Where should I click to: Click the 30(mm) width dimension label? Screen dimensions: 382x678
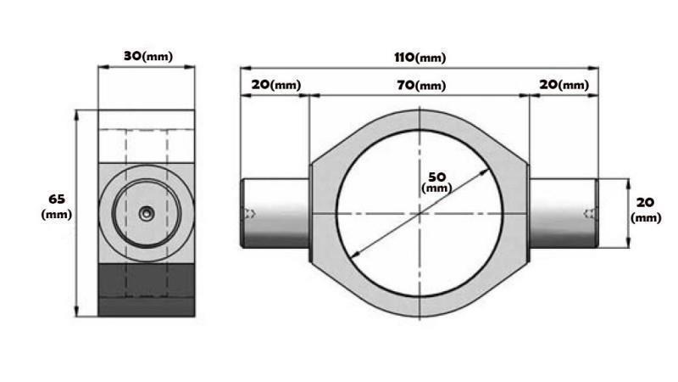point(147,55)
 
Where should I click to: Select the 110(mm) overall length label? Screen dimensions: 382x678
point(419,58)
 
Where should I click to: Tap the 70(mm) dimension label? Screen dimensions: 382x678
point(419,85)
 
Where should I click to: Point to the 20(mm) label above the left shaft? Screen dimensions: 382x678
point(275,85)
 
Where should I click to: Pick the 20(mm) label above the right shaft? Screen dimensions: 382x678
point(564,85)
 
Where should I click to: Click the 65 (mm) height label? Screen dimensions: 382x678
point(57,206)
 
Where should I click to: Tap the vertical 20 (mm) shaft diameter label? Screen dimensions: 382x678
point(646,210)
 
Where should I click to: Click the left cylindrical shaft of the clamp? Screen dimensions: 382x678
point(276,213)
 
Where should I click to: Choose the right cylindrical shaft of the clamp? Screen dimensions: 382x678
point(564,213)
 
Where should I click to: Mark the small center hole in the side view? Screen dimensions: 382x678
point(147,215)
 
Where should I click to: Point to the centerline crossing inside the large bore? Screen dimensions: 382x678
point(420,213)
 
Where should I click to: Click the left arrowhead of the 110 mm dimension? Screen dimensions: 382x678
point(245,68)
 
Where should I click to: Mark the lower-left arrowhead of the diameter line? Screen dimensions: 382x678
point(354,256)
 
